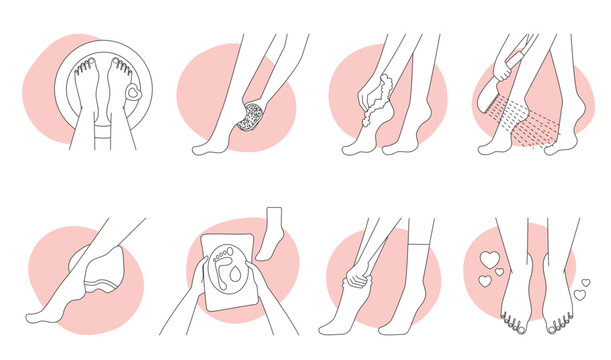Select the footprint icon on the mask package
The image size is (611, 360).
(218, 271)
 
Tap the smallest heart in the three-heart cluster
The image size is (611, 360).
(483, 282)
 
